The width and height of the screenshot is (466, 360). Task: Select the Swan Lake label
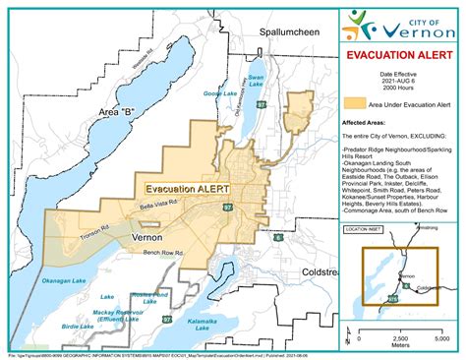[257, 80]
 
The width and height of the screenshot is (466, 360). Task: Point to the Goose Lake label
[215, 93]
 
